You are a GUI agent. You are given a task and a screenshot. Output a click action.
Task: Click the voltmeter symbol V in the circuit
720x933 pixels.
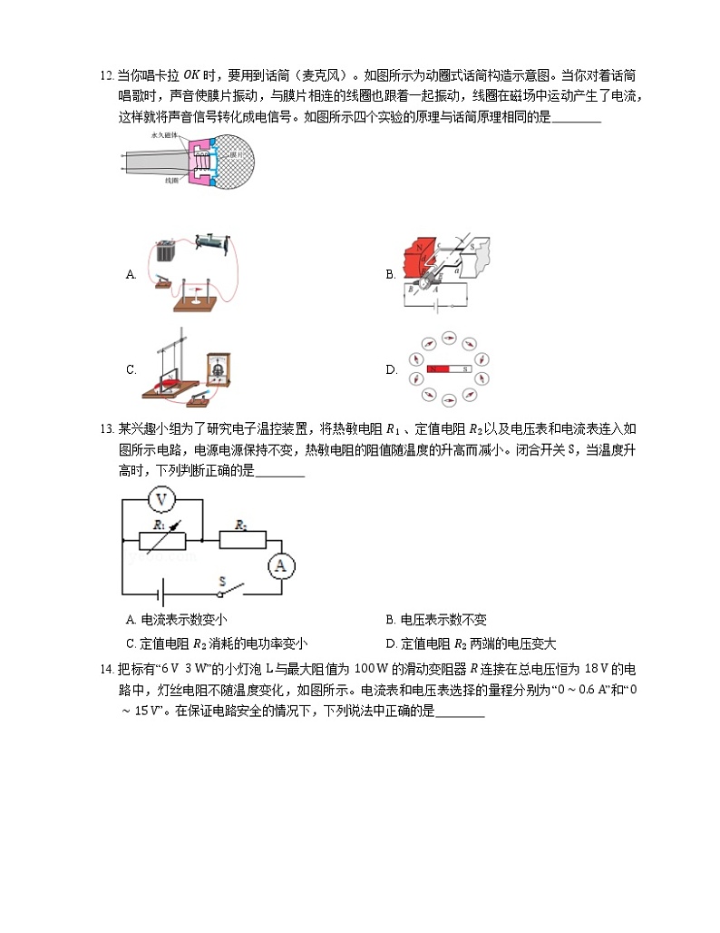pyautogui.click(x=161, y=499)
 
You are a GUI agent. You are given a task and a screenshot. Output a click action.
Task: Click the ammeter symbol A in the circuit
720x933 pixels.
pyautogui.click(x=280, y=565)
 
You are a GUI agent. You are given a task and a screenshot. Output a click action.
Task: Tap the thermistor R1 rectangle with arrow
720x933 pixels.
pyautogui.click(x=162, y=541)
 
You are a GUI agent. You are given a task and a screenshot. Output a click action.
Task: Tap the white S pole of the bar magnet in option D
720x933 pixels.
pyautogui.click(x=461, y=370)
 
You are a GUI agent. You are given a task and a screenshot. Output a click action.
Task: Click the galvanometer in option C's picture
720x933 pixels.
pyautogui.click(x=218, y=370)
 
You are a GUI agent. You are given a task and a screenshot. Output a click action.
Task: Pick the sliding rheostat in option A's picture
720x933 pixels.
pyautogui.click(x=215, y=243)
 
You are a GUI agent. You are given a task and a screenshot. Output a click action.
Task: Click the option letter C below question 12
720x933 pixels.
pyautogui.click(x=131, y=370)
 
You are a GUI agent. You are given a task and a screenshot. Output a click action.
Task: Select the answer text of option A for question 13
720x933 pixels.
pyautogui.click(x=178, y=621)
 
